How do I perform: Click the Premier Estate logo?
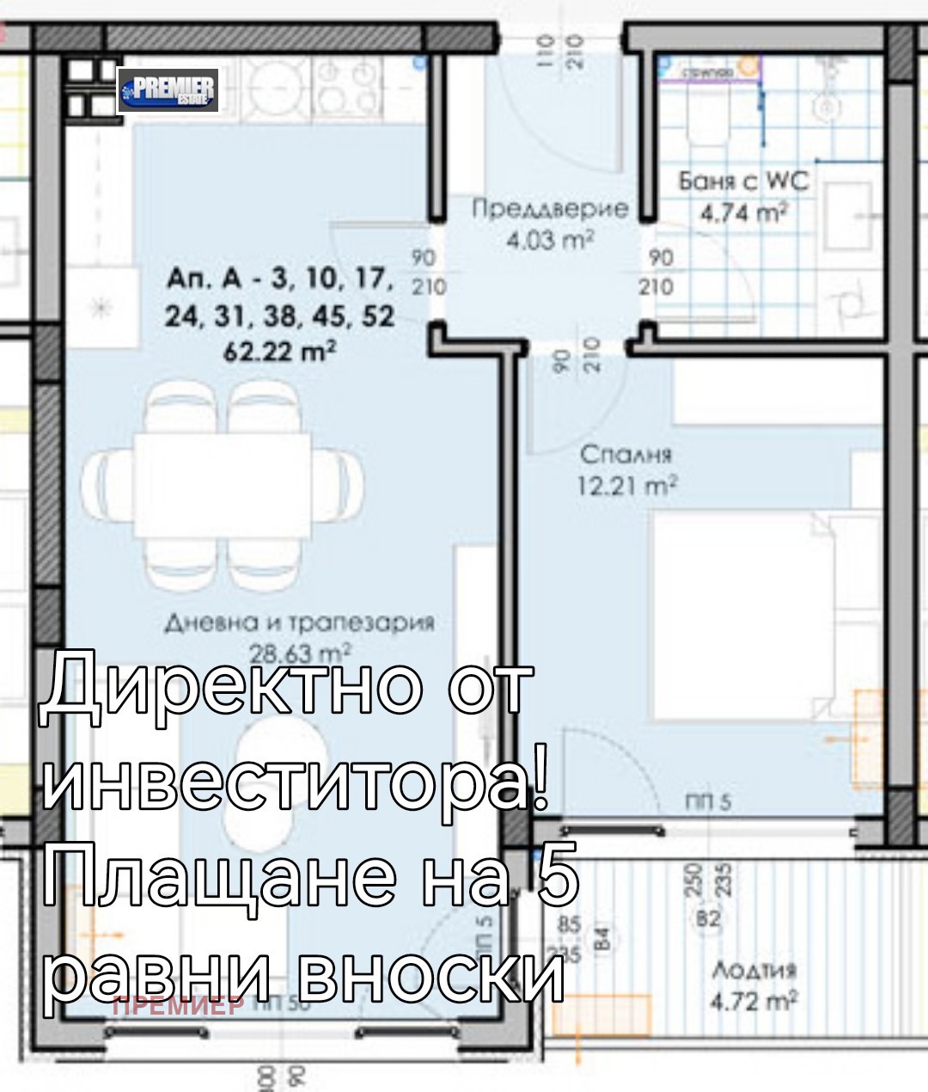pos(168,90)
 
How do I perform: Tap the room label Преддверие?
pos(550,209)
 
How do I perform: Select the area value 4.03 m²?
pos(550,240)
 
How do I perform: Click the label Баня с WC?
pos(744,181)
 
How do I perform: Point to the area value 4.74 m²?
pos(744,212)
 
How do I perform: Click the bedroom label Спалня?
pos(626,454)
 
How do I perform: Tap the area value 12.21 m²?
pos(626,486)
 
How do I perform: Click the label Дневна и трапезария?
pos(300,623)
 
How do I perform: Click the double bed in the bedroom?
pos(765,615)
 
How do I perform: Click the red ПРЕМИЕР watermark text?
pos(179,1003)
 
